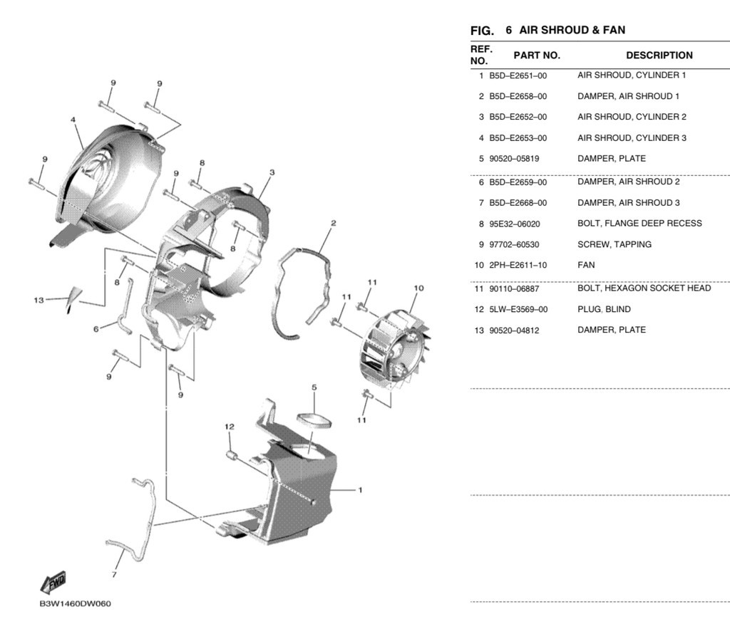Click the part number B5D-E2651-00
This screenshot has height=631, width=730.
(x=518, y=75)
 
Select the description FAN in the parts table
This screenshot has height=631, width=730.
(x=586, y=265)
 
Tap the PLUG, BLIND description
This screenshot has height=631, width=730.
(x=605, y=309)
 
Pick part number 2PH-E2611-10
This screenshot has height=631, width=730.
(x=518, y=265)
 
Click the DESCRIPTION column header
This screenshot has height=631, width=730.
(x=659, y=56)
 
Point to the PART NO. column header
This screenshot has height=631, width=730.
(x=537, y=56)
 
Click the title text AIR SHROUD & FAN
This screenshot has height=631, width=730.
(x=572, y=30)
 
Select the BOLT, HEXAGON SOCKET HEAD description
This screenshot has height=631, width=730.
(x=644, y=288)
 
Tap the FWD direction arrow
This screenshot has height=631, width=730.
(x=53, y=583)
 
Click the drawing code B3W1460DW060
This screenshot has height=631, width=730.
(x=76, y=604)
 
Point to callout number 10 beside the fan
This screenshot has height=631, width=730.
(x=418, y=288)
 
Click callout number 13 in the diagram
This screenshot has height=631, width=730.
(x=38, y=301)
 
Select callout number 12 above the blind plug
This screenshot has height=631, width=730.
(x=229, y=427)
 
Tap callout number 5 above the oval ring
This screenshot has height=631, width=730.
(x=314, y=387)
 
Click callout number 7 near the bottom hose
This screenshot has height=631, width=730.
(x=114, y=575)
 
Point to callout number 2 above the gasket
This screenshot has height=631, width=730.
(x=334, y=223)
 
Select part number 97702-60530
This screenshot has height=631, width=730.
(x=514, y=244)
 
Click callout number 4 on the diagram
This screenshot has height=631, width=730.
(x=73, y=120)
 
